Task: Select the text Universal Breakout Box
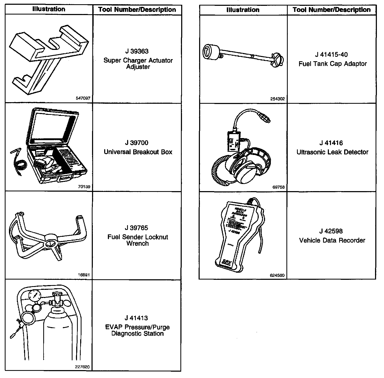[138, 152]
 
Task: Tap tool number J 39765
[137, 228]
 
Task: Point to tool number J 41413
[137, 318]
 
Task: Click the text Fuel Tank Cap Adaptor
[333, 64]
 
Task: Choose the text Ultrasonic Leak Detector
[332, 152]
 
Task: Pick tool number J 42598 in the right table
[331, 231]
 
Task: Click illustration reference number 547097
[83, 98]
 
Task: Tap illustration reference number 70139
[84, 187]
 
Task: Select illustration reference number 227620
[82, 367]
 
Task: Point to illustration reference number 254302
[277, 99]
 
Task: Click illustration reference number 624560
[277, 275]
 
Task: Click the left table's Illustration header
[49, 9]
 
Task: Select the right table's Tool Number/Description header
[332, 10]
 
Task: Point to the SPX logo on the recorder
[227, 263]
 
